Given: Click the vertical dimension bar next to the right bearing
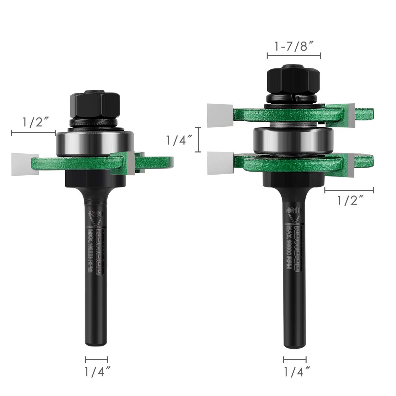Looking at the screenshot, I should [198, 140].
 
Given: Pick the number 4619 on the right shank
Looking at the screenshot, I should [293, 210].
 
